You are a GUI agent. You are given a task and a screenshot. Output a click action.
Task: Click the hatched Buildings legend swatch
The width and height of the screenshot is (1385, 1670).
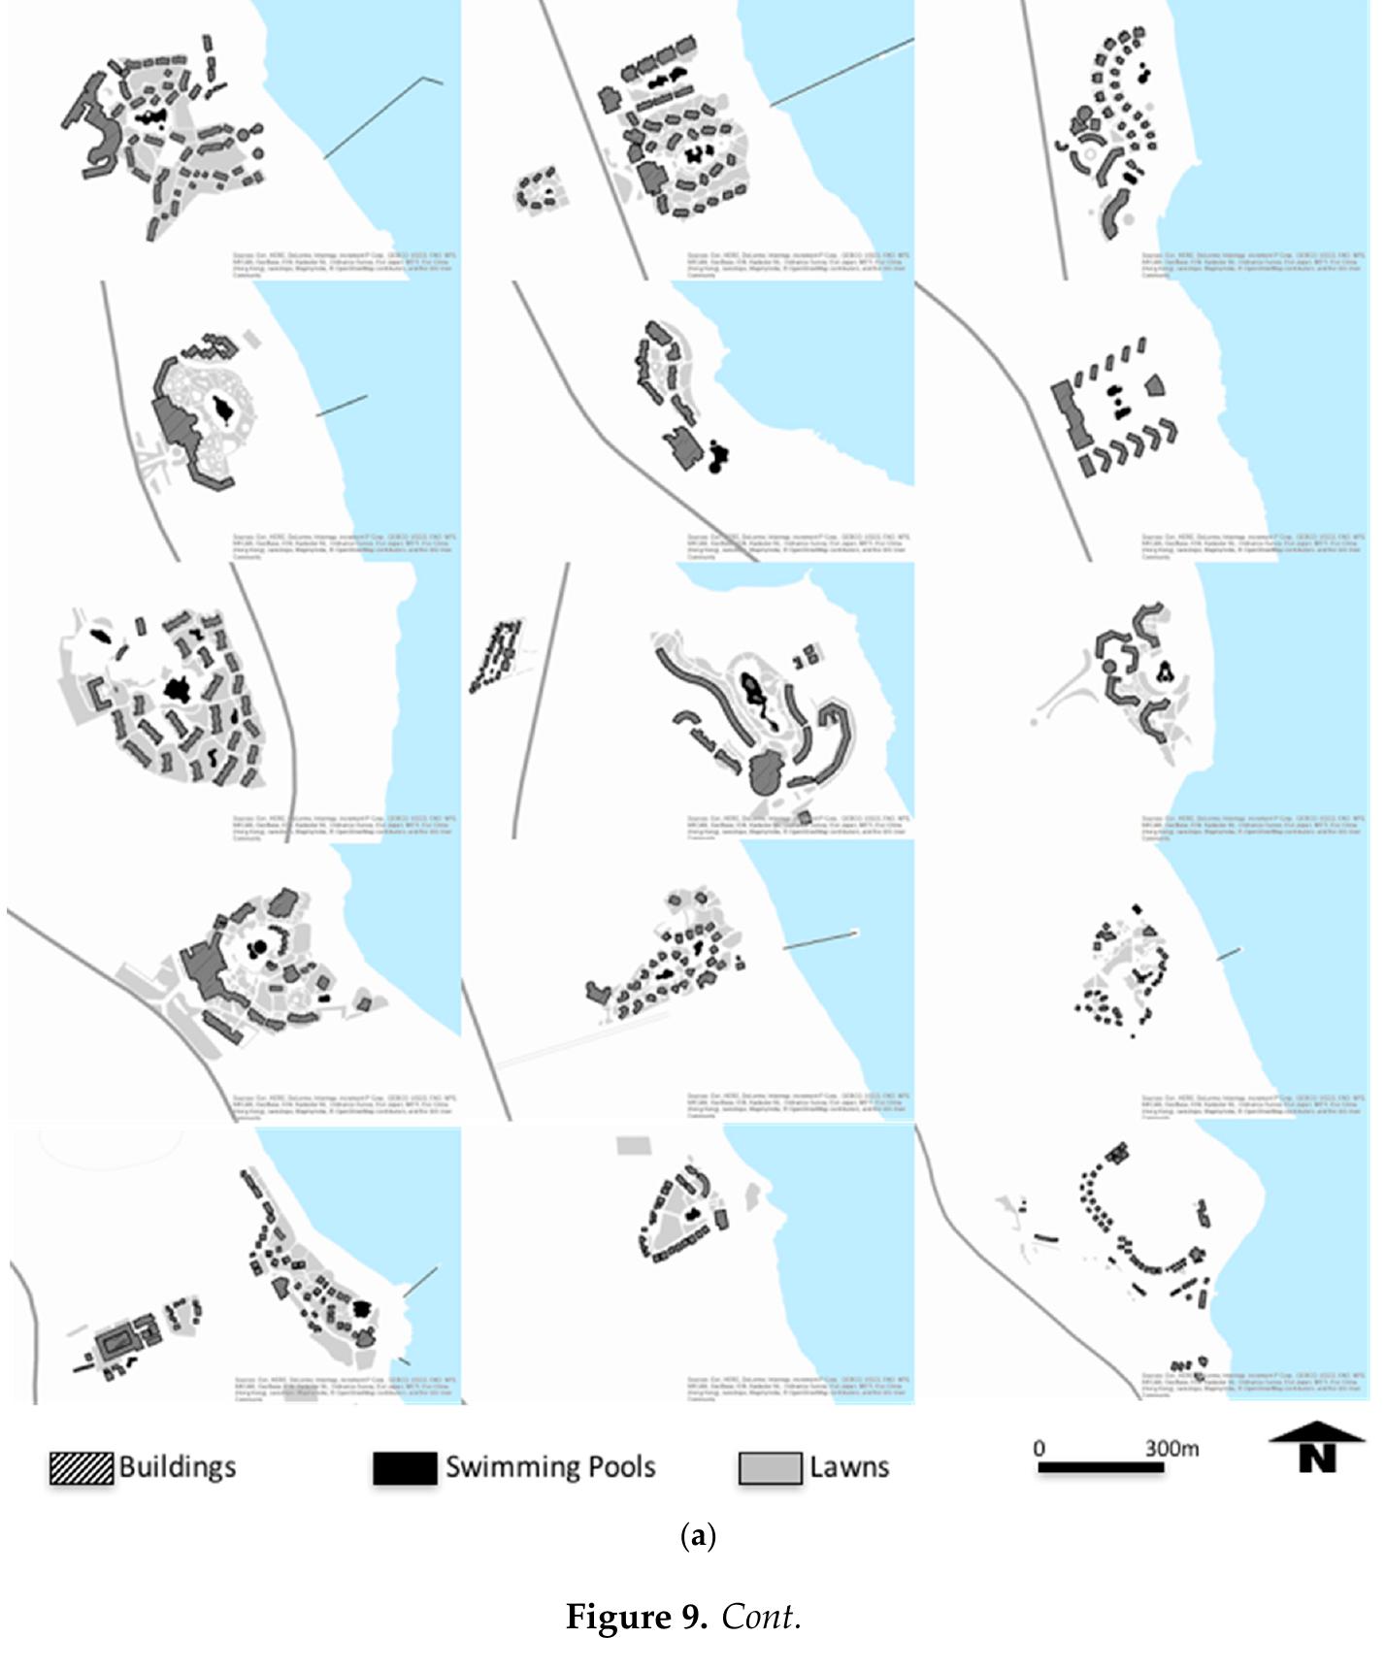click(82, 1468)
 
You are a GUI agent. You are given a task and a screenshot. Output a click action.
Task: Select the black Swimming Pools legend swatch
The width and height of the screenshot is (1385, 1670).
click(405, 1468)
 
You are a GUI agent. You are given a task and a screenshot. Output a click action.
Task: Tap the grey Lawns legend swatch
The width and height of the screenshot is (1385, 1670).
click(770, 1468)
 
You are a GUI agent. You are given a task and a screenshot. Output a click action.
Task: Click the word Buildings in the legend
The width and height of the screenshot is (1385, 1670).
click(178, 1466)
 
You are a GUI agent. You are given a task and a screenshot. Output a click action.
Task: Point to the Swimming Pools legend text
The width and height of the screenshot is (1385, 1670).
click(550, 1466)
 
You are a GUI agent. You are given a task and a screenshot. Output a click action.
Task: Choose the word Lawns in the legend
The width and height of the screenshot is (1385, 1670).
click(849, 1466)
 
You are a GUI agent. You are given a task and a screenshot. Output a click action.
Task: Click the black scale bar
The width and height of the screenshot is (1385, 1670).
click(1101, 1468)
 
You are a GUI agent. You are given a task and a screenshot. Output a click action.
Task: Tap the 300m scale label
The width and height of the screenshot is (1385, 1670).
click(1171, 1449)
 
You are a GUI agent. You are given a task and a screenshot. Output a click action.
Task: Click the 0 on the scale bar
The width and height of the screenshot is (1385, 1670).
click(1039, 1449)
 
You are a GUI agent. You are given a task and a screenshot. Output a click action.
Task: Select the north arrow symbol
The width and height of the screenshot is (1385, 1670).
click(1317, 1447)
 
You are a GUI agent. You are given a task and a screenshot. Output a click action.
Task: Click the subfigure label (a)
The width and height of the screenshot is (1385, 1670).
click(699, 1536)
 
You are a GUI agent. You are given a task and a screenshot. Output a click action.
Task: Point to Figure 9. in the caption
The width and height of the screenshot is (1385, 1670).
click(637, 1617)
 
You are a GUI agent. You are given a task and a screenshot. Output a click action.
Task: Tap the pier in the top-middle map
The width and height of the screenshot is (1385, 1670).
click(842, 72)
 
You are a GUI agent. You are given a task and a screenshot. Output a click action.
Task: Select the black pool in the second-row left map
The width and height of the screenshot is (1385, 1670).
click(223, 411)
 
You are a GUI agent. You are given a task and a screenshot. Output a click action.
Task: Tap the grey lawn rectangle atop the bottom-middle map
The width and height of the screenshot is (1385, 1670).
click(632, 1146)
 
